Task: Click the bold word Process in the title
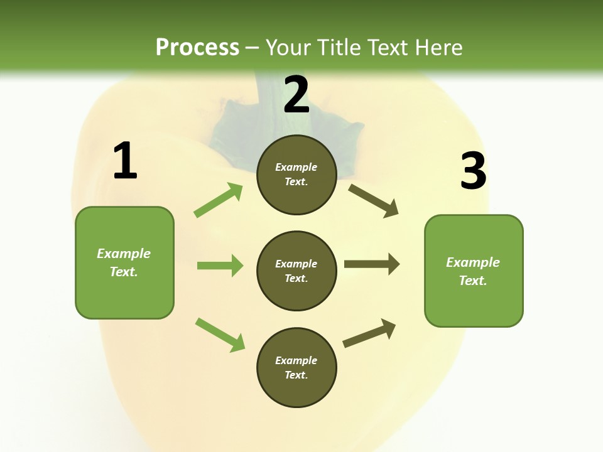pos(197,47)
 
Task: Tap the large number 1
pos(125,161)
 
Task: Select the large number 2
pos(296,95)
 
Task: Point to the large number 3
pos(473,171)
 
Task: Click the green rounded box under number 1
pos(124,295)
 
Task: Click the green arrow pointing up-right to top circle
pos(219,200)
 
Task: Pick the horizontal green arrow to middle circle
pos(220,266)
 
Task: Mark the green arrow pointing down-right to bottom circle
pos(220,335)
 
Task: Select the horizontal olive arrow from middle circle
pos(372,264)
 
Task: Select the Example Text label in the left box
pos(124,262)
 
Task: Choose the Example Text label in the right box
pos(473,271)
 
